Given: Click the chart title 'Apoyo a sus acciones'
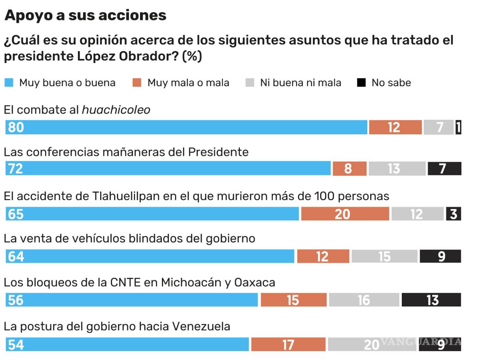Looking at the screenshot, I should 85,15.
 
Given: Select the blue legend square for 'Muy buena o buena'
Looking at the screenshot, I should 9,83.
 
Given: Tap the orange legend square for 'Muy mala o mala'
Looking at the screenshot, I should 137,83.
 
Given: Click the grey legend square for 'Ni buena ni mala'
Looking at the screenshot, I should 250,83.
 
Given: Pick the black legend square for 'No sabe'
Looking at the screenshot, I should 361,83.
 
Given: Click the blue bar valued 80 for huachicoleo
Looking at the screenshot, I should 186,127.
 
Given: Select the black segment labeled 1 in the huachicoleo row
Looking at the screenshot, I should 458,127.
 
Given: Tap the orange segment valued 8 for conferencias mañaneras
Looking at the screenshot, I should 349,168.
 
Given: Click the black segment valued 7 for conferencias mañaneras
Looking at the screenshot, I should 444,168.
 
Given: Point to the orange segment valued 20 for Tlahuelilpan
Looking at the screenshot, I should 345,214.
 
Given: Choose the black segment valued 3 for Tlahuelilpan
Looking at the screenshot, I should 453,214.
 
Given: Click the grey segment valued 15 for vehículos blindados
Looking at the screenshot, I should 384,256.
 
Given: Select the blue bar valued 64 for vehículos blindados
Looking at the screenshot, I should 150,256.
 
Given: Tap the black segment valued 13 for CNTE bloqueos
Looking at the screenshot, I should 431,300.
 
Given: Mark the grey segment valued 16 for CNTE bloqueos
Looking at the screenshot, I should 364,300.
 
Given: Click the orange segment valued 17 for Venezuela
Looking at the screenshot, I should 288,344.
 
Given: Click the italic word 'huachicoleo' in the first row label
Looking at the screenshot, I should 116,110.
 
